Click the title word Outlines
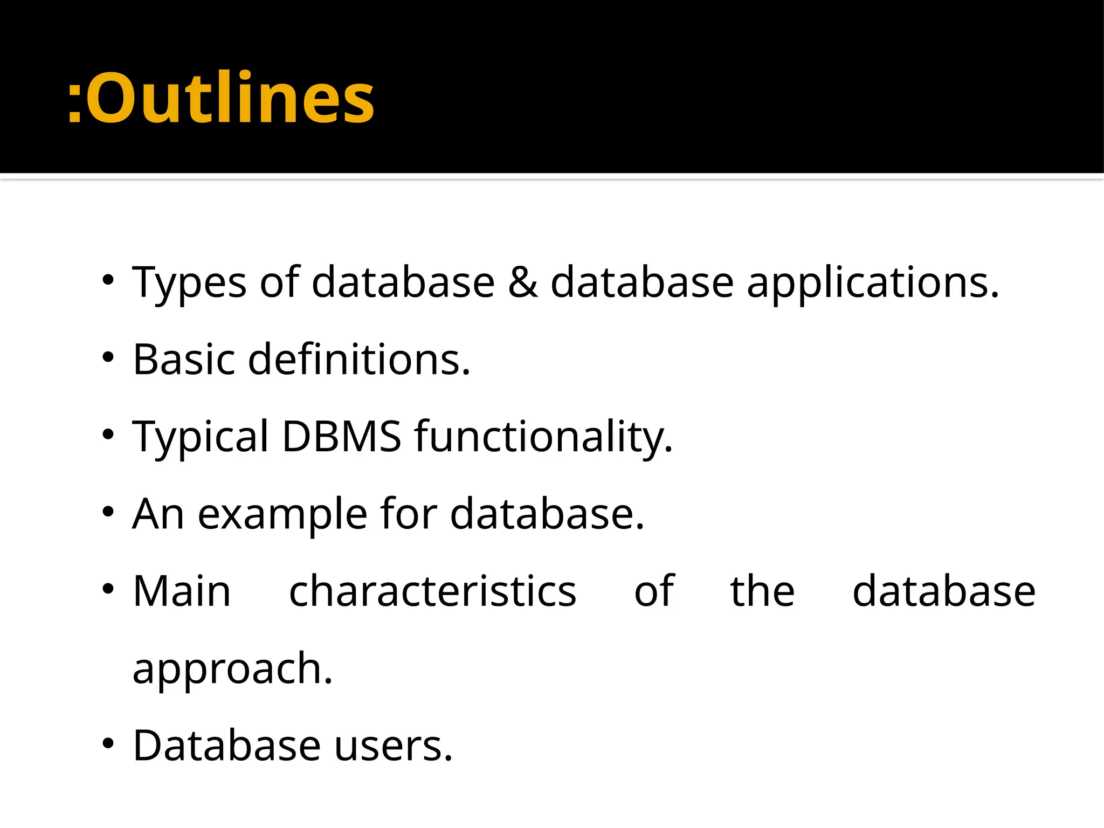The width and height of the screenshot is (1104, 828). point(230,99)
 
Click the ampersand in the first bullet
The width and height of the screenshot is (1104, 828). point(522,282)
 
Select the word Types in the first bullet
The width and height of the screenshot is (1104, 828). point(189,284)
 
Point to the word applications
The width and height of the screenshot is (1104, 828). point(873,284)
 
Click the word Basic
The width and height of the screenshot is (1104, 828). point(184,360)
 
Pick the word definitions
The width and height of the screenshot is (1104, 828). point(359,360)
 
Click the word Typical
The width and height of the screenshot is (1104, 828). point(200,437)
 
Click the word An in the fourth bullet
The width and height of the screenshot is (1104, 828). point(158,514)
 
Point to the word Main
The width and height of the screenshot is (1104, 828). point(182,591)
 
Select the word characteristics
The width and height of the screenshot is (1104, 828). point(432,591)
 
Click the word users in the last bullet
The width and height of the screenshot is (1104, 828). point(394,746)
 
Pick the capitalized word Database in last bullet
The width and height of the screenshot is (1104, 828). point(227,746)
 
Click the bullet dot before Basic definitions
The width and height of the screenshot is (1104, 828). point(108,357)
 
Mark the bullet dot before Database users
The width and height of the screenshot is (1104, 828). point(108,743)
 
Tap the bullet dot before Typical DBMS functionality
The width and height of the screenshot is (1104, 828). point(108,434)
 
